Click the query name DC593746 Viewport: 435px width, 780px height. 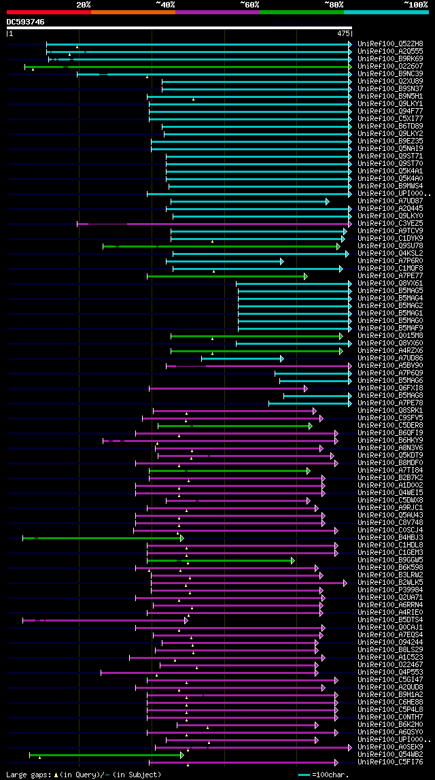[26, 22]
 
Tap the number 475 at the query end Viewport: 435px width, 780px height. [343, 33]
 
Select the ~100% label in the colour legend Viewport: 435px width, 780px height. [416, 4]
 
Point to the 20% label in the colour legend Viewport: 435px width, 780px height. [84, 4]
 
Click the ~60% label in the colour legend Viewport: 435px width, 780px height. [249, 4]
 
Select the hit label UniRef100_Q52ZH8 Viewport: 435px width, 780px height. [389, 44]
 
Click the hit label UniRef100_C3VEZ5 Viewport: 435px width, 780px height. [389, 223]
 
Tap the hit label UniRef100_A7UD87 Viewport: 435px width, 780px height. [389, 201]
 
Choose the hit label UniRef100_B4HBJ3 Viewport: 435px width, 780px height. [389, 537]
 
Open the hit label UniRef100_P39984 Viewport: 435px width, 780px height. [389, 590]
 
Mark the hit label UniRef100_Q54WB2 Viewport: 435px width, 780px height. [389, 754]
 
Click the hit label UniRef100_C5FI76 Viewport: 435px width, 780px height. [389, 762]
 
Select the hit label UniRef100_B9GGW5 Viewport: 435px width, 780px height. [389, 560]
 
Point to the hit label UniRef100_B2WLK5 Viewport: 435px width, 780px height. [389, 582]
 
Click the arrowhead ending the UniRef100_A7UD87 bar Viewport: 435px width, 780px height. [327, 201]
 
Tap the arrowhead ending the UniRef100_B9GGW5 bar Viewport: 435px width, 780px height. [293, 560]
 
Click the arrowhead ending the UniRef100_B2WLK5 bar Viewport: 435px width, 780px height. [345, 583]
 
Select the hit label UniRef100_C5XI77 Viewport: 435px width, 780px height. [389, 118]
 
